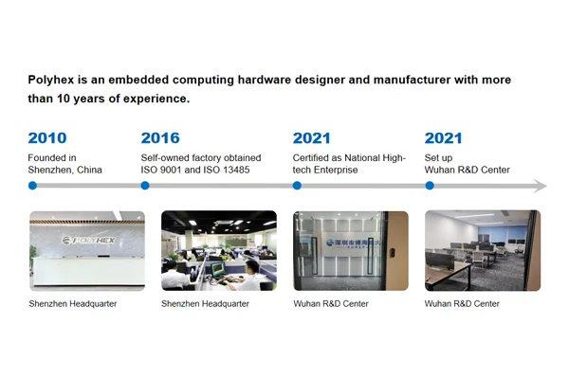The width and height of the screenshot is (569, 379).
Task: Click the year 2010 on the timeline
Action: pos(47,138)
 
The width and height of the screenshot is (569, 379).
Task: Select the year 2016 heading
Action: pos(160,138)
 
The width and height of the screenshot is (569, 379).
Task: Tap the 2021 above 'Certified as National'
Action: pos(312,138)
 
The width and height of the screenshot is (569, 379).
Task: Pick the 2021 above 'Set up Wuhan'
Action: pos(444,138)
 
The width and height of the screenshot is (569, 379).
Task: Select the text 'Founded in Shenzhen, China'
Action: pos(64,164)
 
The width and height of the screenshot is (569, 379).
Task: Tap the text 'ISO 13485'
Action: pos(233,170)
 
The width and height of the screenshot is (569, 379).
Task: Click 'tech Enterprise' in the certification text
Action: pos(327,170)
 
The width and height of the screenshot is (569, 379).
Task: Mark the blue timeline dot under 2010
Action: pos(32,186)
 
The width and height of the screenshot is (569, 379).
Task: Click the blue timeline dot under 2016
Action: pos(145,186)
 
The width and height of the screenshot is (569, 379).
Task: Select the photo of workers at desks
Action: pos(218,250)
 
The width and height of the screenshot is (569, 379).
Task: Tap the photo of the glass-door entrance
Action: pos(350,250)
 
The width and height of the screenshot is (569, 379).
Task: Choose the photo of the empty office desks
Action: pos(482,250)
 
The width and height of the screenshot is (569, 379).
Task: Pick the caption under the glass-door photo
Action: pos(330,304)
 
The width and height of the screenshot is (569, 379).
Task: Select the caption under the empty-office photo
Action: pos(462,304)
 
